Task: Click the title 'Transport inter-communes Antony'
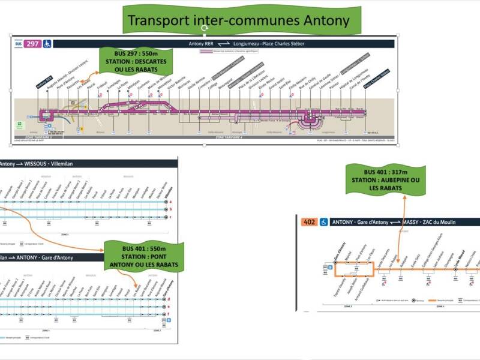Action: point(238,21)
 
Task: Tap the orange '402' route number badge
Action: point(308,221)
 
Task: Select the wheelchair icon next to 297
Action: point(47,43)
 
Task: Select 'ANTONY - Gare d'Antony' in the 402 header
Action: point(361,221)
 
